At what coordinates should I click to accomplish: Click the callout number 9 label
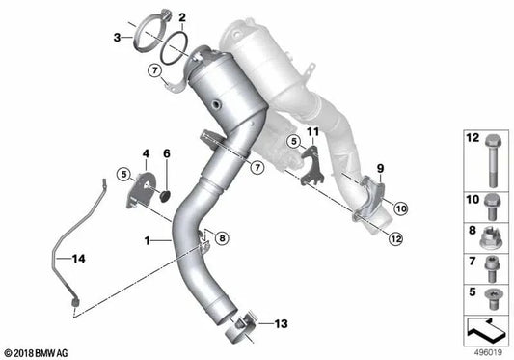click(x=379, y=169)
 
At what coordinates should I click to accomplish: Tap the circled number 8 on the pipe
click(x=223, y=236)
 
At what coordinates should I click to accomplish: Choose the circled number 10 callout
click(x=400, y=207)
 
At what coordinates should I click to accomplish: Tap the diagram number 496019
click(x=487, y=353)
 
